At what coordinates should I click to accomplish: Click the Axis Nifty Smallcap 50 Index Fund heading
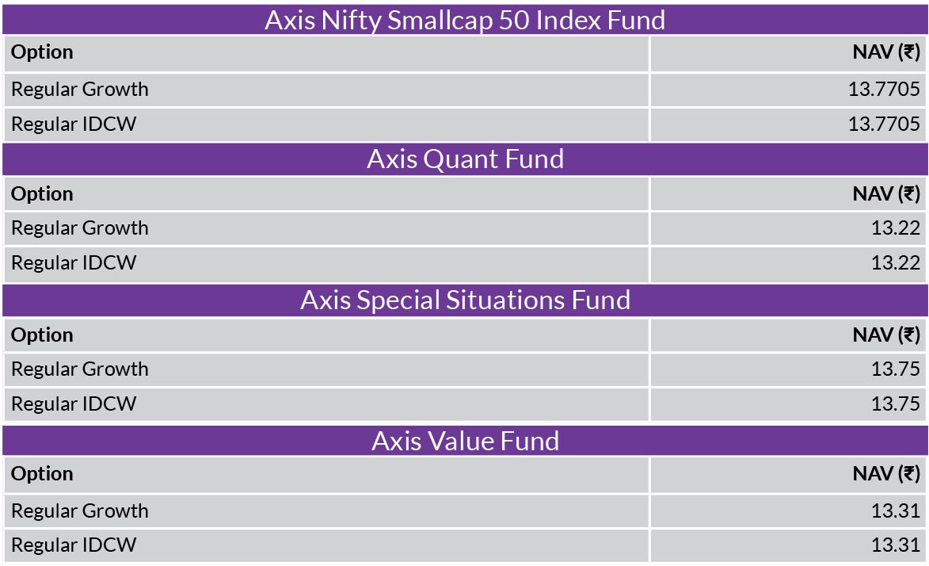coord(465,20)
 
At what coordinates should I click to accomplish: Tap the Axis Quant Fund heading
coord(465,159)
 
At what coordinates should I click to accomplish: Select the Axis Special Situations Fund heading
coord(465,300)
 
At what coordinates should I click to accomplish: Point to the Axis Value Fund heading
coord(465,441)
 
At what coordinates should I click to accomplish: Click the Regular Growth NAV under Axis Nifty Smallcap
coord(884,89)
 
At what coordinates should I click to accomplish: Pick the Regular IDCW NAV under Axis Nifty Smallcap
coord(884,124)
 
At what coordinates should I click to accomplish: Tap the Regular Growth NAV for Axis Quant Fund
coord(895,228)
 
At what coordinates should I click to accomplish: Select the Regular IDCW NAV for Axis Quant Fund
coord(895,263)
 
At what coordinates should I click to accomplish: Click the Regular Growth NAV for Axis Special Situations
coord(895,369)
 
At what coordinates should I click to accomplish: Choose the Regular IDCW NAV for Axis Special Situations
coord(895,404)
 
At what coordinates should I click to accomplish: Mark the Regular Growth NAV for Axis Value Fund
coord(895,511)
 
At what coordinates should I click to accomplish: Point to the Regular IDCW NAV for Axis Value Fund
coord(895,545)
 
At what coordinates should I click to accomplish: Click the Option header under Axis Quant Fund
coord(42,194)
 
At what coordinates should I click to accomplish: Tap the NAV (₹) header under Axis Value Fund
coord(886,474)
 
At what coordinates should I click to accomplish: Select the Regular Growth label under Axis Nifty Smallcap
coord(80,90)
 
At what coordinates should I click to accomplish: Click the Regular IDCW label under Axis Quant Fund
coord(74,263)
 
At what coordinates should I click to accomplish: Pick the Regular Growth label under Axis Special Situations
coord(80,369)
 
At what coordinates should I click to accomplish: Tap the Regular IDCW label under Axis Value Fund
coord(74,545)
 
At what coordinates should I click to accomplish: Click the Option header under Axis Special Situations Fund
coord(42,336)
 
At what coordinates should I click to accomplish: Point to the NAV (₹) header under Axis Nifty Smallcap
coord(886,52)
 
